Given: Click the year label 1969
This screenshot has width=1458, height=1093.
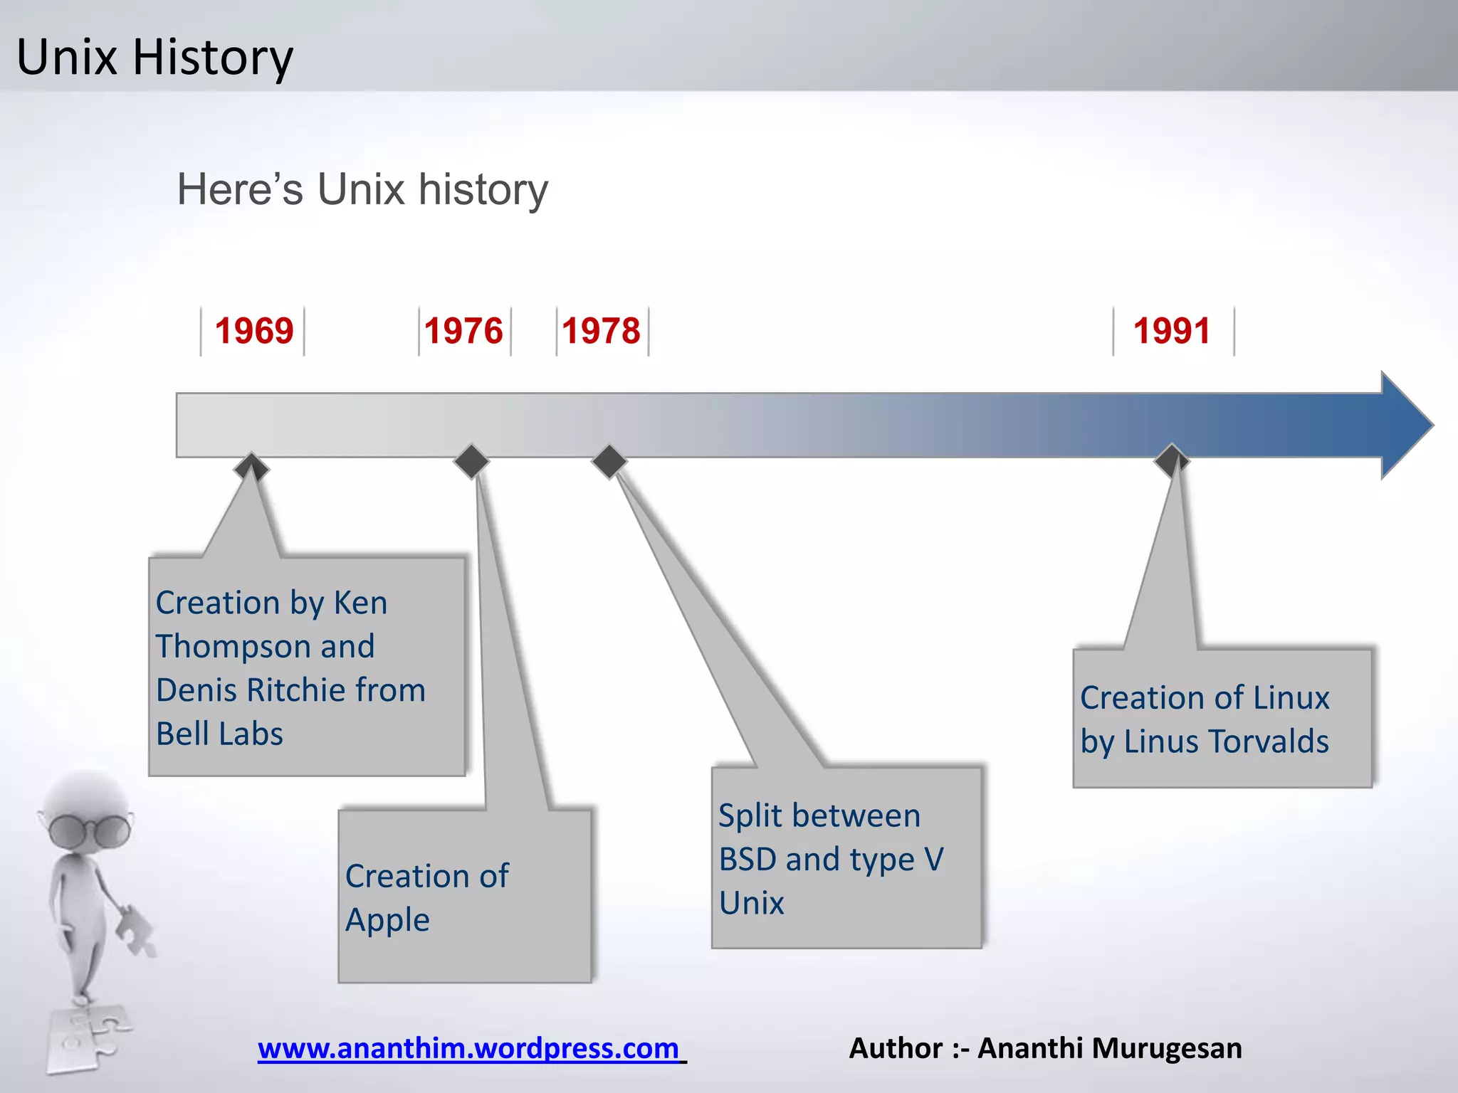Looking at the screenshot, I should (x=254, y=331).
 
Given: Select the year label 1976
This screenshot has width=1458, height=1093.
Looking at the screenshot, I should (x=463, y=331).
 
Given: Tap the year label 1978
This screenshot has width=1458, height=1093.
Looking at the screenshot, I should (x=602, y=331).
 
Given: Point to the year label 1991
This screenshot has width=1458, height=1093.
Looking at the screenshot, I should (x=1172, y=331).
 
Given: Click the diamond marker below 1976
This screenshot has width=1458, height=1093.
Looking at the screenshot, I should (x=471, y=462).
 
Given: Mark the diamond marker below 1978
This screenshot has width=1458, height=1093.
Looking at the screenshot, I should (x=609, y=462).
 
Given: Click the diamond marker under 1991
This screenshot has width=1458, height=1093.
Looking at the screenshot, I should (x=1171, y=460).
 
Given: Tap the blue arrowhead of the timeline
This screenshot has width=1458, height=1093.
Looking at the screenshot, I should (x=1406, y=425).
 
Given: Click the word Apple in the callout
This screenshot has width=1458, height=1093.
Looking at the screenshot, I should (x=387, y=920).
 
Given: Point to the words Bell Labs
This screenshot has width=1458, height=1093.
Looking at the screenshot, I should (x=219, y=734).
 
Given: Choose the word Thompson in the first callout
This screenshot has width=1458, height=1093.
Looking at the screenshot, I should (x=232, y=646).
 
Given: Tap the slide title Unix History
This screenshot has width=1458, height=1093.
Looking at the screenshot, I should (x=154, y=57).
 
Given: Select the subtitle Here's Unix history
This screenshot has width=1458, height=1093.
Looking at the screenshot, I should (x=362, y=189).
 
